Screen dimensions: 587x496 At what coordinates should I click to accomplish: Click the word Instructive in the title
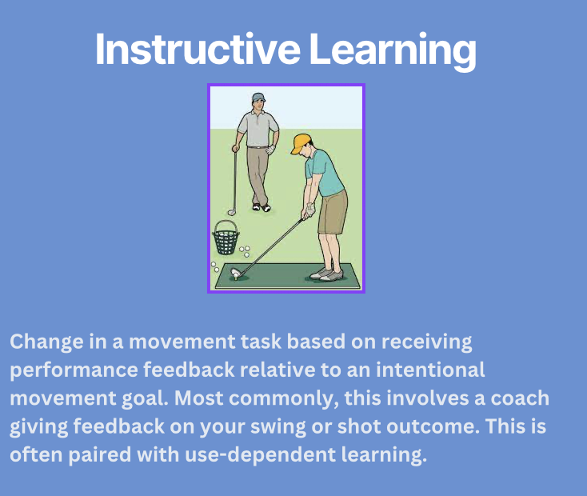coord(198,50)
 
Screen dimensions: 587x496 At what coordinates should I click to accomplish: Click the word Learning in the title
coord(393,51)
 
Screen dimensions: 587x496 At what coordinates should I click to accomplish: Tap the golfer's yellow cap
coord(301,143)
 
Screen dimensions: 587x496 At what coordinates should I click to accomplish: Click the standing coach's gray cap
coord(258,98)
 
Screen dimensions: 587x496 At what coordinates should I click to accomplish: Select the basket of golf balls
coord(226,238)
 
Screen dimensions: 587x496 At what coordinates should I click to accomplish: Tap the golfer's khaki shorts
coord(333,212)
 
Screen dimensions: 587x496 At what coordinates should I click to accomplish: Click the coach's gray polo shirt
coord(258,130)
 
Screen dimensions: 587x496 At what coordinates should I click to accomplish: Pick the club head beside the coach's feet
coord(232,213)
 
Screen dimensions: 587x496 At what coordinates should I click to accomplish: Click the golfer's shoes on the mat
coord(326,274)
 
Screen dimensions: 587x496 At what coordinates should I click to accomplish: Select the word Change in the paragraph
coord(47,342)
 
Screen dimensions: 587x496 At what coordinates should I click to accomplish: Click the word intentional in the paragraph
coord(430,370)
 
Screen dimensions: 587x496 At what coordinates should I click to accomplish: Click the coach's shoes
coord(261,207)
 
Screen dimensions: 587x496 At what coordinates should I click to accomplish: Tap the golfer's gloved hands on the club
coord(309,211)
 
